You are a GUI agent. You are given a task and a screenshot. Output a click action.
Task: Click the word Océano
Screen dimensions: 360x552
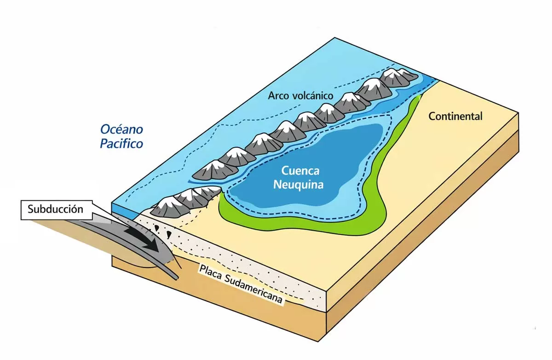(x=121, y=129)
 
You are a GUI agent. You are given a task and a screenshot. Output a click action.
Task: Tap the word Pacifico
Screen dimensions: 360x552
(x=121, y=144)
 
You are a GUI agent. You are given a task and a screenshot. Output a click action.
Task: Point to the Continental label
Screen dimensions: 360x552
(x=455, y=116)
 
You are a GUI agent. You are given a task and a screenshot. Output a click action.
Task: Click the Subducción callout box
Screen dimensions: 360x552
(x=55, y=209)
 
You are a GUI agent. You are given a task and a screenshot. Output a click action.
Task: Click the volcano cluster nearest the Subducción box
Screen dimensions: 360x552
(x=184, y=203)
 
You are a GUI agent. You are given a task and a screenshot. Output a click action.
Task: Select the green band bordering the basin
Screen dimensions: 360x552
(x=294, y=227)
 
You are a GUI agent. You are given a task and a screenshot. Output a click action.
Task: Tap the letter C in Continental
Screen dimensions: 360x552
(x=432, y=116)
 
